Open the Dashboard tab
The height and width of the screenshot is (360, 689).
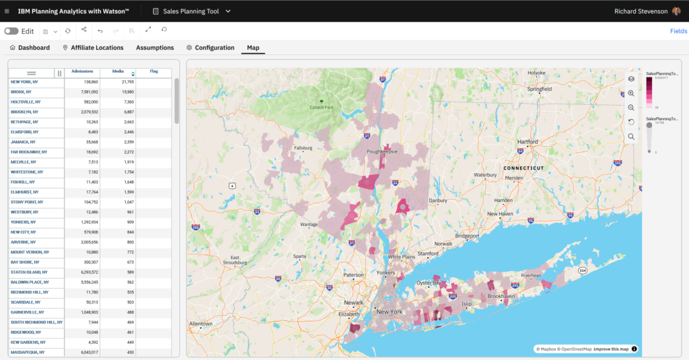click(x=30, y=48)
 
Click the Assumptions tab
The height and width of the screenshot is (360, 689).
click(x=155, y=48)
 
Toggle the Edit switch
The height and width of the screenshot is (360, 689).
click(x=11, y=31)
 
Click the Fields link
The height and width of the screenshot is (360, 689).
click(x=678, y=31)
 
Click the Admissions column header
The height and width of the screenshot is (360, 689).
click(x=82, y=72)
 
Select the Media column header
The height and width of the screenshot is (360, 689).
click(x=118, y=72)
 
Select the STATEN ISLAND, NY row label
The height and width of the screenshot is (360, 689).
click(x=28, y=272)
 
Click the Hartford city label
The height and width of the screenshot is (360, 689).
click(x=528, y=142)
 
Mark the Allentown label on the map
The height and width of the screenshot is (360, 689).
click(x=201, y=324)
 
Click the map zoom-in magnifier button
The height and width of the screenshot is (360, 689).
click(x=631, y=94)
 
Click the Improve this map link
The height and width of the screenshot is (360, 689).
click(x=611, y=349)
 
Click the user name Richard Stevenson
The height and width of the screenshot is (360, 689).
click(x=641, y=11)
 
